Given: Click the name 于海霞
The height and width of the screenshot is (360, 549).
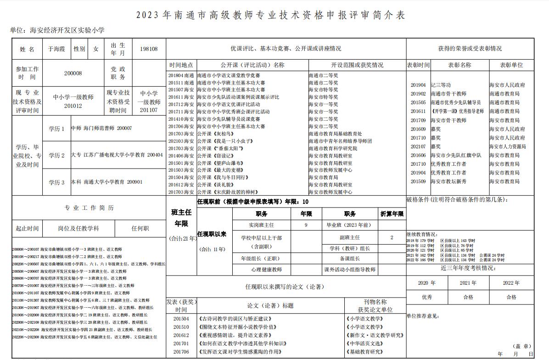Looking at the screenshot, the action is (56, 49).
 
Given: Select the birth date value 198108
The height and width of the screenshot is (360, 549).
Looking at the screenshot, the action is (149, 49).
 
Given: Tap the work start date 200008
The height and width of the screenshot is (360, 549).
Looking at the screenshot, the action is (73, 73).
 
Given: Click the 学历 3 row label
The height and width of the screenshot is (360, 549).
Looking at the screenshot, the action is (56, 182).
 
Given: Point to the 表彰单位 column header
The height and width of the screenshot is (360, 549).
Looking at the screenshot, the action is (511, 65).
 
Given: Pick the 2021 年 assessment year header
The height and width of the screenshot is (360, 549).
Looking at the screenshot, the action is (468, 283).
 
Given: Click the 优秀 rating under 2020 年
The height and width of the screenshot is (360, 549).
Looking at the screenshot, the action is (427, 297).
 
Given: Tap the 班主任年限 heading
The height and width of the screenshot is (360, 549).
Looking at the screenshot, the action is (181, 218).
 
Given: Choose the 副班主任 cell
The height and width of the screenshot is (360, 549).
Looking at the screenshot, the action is (350, 237).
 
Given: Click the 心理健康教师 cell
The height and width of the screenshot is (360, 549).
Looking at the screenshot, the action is (266, 270).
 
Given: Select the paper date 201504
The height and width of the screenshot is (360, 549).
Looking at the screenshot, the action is (181, 318).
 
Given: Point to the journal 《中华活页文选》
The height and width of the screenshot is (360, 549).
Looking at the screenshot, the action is (364, 343).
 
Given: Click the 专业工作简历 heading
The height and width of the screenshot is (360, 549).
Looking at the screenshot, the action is (89, 208).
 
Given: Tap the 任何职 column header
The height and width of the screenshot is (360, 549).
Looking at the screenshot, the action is (140, 228).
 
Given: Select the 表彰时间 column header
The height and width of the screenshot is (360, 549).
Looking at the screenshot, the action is (418, 65).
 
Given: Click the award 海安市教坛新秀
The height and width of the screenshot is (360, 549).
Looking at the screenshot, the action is (448, 181).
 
